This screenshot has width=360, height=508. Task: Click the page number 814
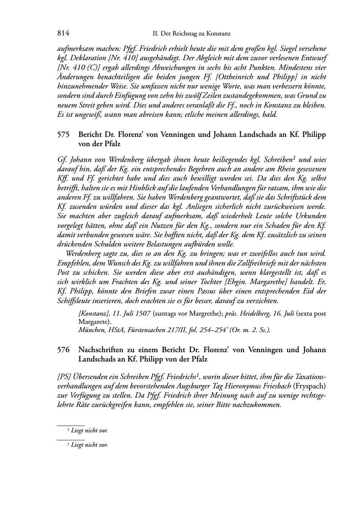click(x=63, y=33)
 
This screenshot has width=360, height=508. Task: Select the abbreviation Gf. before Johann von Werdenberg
click(x=61, y=159)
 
